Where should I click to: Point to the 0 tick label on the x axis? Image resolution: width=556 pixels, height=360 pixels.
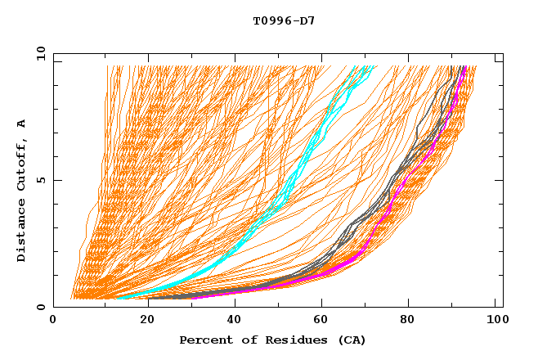tap(53, 322)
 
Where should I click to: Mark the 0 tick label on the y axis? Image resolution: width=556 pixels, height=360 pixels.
tap(41, 307)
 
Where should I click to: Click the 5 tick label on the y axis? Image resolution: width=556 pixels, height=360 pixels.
tap(41, 180)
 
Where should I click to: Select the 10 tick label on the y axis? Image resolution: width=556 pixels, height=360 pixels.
tap(38, 54)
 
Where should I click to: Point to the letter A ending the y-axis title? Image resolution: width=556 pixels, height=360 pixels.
tap(21, 124)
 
